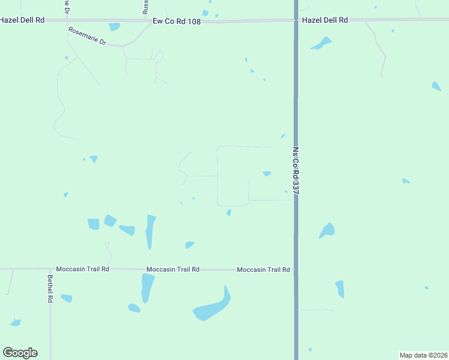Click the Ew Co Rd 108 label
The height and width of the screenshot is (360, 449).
tap(176, 21)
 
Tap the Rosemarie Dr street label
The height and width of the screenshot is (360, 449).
tap(87, 37)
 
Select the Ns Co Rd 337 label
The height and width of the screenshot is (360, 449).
tap(296, 171)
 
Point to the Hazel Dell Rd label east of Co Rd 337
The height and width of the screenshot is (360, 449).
tap(325, 20)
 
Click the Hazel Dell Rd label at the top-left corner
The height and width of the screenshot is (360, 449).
tap(23, 20)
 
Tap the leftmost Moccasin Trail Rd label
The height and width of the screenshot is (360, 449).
tap(82, 269)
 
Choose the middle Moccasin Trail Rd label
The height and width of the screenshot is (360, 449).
tap(173, 269)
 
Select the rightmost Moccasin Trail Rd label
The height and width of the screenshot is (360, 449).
tap(264, 270)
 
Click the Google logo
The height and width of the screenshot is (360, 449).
tap(20, 353)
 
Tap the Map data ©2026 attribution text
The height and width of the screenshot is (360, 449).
tap(423, 355)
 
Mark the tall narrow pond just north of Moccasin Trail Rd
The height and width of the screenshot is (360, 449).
tap(150, 232)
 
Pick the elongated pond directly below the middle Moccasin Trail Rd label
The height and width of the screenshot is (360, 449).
tap(146, 288)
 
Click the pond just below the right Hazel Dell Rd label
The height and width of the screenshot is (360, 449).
tap(322, 43)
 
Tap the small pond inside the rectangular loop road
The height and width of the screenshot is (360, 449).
tap(267, 173)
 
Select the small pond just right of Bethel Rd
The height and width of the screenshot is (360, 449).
tap(67, 298)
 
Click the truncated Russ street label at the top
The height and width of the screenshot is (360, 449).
tap(145, 7)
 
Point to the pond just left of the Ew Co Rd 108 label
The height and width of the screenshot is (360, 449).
tap(114, 26)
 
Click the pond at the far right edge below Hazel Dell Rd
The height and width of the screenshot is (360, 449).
tap(436, 86)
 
